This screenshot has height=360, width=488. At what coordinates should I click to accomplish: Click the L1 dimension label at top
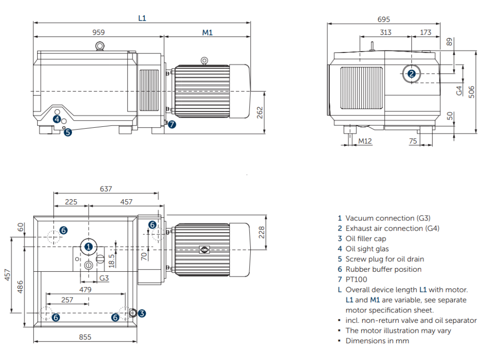click(142, 18)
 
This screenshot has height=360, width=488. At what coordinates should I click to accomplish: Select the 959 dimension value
click(99, 32)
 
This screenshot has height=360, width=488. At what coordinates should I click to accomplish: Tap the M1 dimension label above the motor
click(207, 32)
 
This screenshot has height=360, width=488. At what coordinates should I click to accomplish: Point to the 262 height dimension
click(260, 113)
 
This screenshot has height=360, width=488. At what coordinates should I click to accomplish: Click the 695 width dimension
click(384, 20)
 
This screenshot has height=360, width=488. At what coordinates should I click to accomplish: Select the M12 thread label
click(365, 141)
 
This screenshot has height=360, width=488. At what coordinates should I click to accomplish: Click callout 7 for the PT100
click(172, 124)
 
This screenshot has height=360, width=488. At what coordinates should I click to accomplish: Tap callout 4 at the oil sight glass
click(57, 119)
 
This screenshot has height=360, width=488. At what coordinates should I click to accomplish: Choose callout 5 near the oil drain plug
click(68, 133)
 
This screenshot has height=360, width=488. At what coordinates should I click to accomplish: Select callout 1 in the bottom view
click(89, 247)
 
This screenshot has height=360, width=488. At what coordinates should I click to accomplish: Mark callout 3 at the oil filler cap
click(142, 313)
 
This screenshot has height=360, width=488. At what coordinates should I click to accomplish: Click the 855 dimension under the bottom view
click(85, 337)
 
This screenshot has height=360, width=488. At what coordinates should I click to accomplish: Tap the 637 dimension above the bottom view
click(106, 189)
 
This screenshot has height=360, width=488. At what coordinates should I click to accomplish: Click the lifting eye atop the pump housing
click(100, 46)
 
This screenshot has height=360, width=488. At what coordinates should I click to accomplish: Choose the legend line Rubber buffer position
click(383, 269)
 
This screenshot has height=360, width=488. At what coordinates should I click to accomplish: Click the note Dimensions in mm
click(377, 341)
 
